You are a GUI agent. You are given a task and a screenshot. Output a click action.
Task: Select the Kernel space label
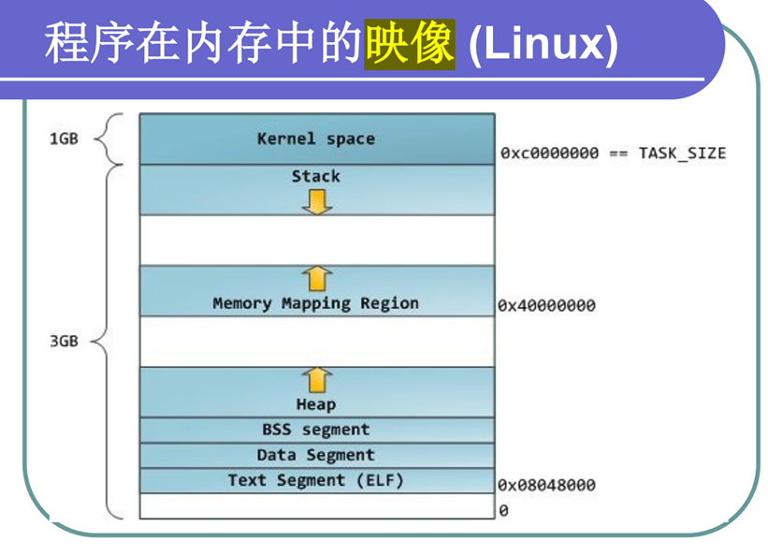(x=316, y=139)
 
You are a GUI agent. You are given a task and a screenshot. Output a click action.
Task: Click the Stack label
(x=316, y=176)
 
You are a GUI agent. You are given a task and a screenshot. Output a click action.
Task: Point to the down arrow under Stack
(x=317, y=200)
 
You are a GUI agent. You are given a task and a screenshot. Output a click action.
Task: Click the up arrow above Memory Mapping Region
(x=317, y=278)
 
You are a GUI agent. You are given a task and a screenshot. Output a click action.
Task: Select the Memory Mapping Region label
(x=316, y=303)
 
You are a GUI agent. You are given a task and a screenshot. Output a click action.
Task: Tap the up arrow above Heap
(x=317, y=379)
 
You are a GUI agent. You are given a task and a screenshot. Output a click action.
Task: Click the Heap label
(x=316, y=404)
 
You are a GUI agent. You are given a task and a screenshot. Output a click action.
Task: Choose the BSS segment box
(x=316, y=430)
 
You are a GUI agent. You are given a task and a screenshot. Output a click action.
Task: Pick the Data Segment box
(x=316, y=455)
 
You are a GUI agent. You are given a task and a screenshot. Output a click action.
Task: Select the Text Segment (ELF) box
(x=316, y=480)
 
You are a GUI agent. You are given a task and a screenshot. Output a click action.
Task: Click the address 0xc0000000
(x=549, y=153)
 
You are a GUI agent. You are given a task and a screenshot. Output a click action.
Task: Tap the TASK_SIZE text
(x=682, y=153)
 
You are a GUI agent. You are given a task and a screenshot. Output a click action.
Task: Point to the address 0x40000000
(x=546, y=305)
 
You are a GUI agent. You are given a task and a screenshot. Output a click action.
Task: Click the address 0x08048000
(x=546, y=485)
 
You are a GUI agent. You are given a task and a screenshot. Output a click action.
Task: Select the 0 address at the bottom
(x=503, y=510)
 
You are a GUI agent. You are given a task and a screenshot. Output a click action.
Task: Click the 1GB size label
(x=64, y=139)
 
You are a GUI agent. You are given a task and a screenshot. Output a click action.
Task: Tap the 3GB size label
(x=64, y=341)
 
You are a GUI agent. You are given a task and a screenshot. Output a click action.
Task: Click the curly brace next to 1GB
(x=109, y=139)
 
